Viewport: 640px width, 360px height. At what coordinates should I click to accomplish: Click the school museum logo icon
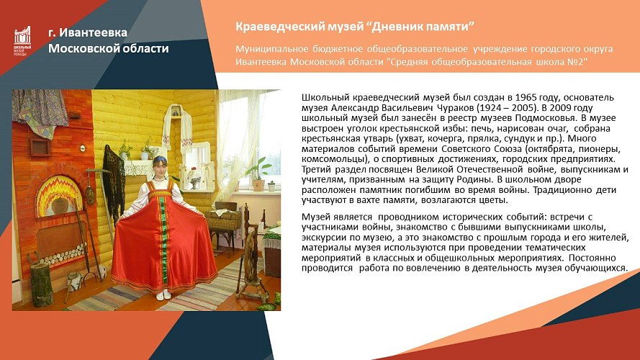pyautogui.click(x=22, y=40)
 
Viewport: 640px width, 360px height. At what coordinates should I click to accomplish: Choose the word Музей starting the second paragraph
pyautogui.click(x=315, y=216)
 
